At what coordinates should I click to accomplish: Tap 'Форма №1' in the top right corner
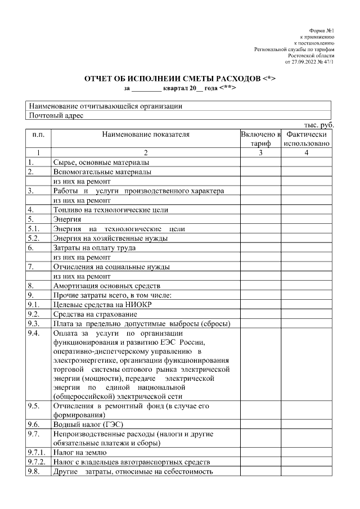[322, 30]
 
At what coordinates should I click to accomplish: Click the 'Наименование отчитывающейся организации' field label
[105, 106]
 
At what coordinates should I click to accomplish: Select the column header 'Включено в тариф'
[260, 139]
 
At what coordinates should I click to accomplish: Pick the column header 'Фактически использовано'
[307, 139]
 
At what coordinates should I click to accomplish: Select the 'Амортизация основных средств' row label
[107, 286]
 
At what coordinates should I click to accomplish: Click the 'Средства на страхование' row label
[95, 314]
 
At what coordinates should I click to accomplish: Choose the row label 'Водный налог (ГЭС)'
[88, 424]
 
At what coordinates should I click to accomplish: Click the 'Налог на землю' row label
[79, 452]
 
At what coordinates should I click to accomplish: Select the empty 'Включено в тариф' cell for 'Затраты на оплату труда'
[260, 248]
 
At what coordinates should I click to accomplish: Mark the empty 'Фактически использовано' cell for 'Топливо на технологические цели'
[307, 210]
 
